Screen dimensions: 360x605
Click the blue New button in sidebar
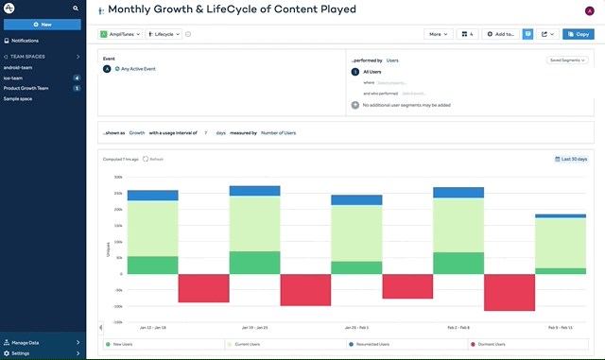click(x=42, y=24)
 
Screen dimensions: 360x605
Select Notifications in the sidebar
click(x=25, y=41)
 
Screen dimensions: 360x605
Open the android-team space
click(x=18, y=67)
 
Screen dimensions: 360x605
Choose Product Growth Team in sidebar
click(x=26, y=88)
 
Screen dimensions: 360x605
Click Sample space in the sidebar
click(x=18, y=98)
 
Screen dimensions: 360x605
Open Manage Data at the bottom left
click(x=26, y=342)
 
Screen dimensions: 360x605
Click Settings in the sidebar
click(x=20, y=353)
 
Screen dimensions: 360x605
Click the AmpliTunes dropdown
click(x=121, y=34)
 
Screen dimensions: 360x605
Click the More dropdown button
click(x=438, y=34)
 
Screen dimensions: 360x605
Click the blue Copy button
click(x=578, y=34)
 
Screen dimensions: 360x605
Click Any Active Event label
click(x=138, y=69)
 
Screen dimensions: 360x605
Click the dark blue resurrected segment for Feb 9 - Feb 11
click(x=560, y=215)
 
